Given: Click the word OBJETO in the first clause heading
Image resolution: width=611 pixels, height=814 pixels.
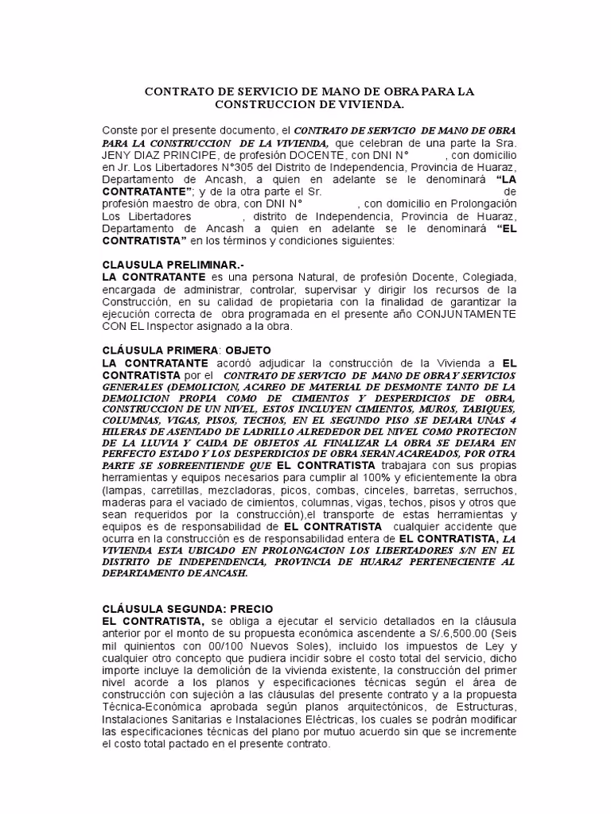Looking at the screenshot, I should [x=248, y=350].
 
